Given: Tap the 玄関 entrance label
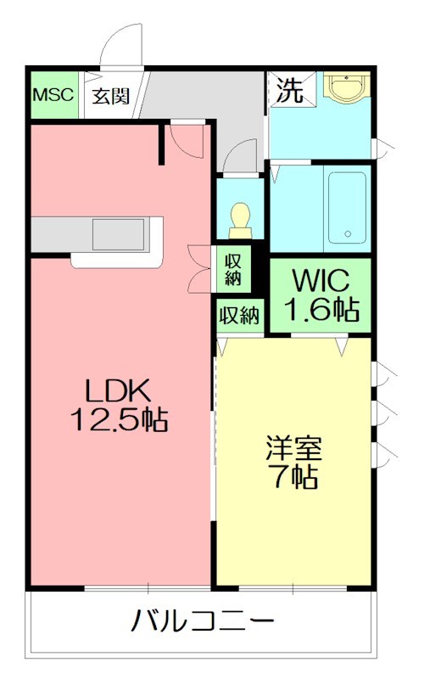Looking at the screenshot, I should click(111, 95).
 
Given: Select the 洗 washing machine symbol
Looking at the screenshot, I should click(290, 91).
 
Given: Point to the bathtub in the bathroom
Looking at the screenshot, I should click(346, 207).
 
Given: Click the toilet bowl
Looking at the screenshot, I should click(239, 220).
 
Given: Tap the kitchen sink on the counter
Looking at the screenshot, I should click(120, 231).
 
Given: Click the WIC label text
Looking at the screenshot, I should click(321, 279).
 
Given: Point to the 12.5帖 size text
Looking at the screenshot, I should click(119, 419).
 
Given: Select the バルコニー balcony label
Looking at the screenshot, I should click(203, 621).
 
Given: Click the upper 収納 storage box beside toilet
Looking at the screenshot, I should click(234, 269).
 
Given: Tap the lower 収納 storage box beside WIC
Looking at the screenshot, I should click(239, 316).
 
